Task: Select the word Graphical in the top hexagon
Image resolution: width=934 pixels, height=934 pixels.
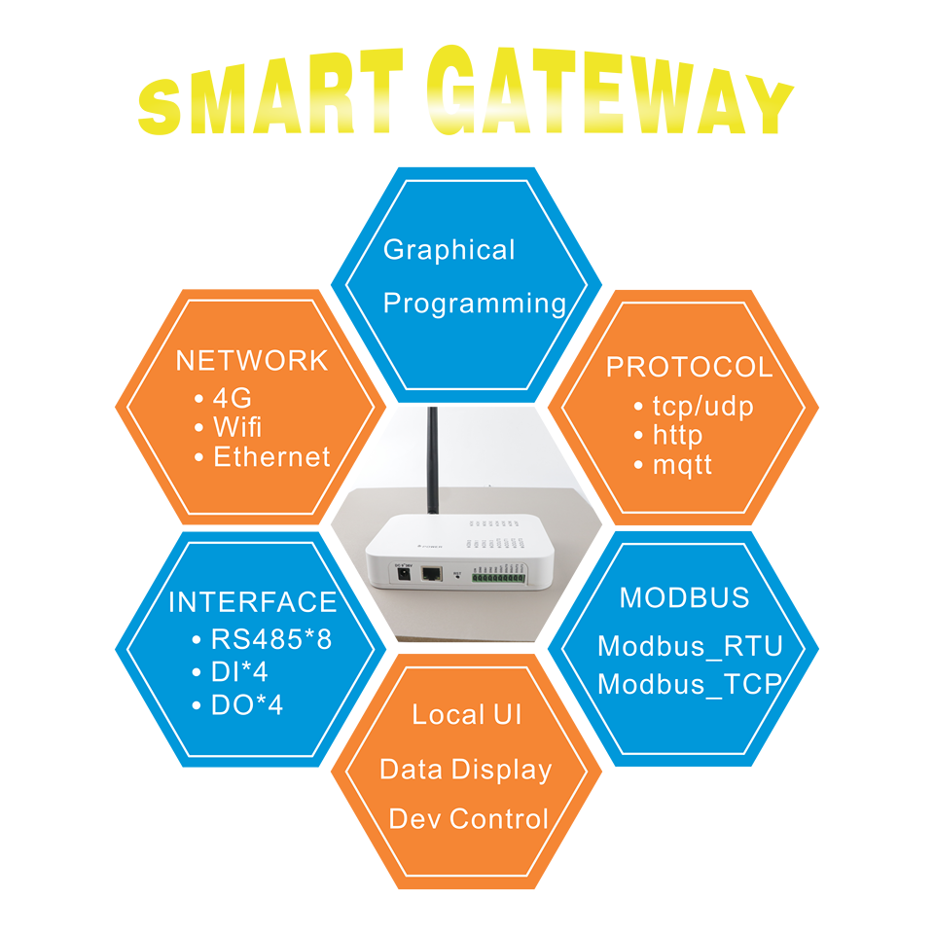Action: pyautogui.click(x=449, y=250)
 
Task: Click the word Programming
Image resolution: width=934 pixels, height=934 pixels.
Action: pyautogui.click(x=475, y=304)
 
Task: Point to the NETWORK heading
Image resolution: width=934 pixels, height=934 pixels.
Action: pyautogui.click(x=252, y=361)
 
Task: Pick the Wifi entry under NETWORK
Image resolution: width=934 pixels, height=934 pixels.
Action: pyautogui.click(x=237, y=427)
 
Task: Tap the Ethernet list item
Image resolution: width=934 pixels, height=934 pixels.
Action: pyautogui.click(x=271, y=457)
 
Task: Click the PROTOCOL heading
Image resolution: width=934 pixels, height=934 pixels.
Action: pyautogui.click(x=689, y=368)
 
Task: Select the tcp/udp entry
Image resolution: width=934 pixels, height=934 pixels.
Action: pyautogui.click(x=702, y=406)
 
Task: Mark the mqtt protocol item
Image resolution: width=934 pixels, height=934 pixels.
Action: pyautogui.click(x=682, y=465)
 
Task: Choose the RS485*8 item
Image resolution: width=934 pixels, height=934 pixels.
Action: pyautogui.click(x=264, y=641)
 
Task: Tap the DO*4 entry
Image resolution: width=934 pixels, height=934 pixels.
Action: pyautogui.click(x=246, y=705)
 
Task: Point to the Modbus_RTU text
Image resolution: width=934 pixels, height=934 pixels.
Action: pyautogui.click(x=690, y=646)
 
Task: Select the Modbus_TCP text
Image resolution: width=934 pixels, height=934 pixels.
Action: pyautogui.click(x=690, y=684)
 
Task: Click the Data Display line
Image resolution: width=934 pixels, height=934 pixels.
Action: pyautogui.click(x=465, y=770)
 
